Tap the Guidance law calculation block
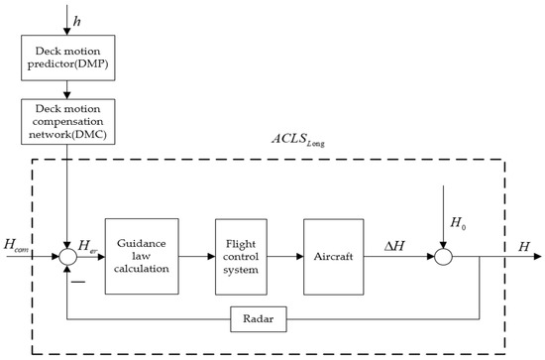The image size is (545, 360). (x=142, y=256)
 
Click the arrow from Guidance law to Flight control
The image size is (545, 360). (x=196, y=256)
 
